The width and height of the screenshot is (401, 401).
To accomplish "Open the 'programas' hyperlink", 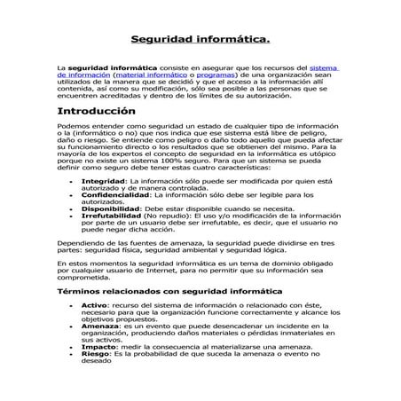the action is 192,75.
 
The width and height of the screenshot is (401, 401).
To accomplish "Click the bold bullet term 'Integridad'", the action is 104,180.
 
